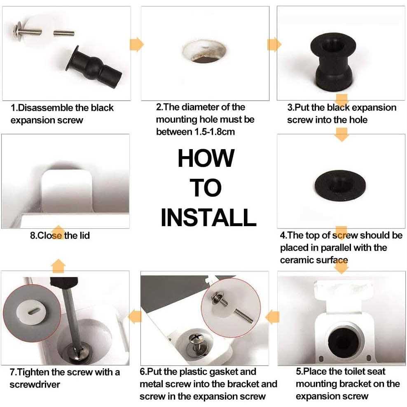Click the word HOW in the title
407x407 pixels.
click(x=206, y=158)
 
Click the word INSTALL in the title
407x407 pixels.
click(x=208, y=218)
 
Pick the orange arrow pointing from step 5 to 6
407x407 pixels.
click(x=272, y=316)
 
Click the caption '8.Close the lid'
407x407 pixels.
click(x=60, y=236)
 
